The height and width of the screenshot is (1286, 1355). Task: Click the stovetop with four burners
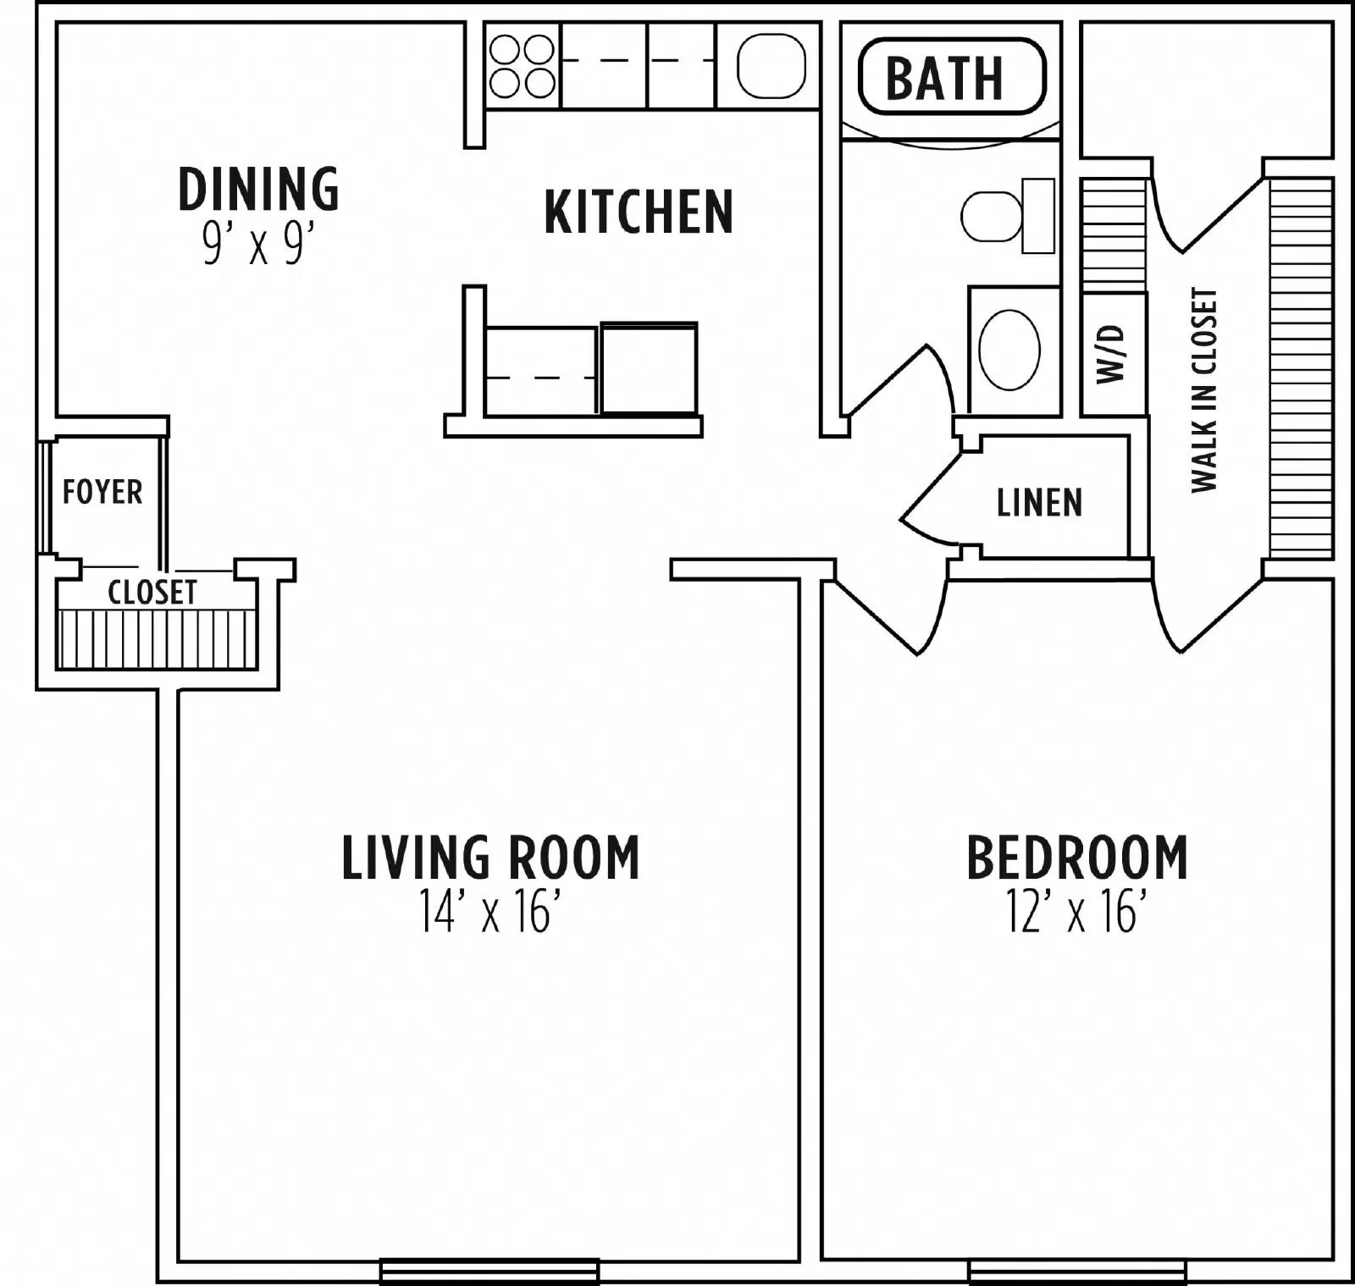[x=522, y=67]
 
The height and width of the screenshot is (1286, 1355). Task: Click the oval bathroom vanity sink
[x=1009, y=350]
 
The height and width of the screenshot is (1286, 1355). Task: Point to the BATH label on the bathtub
[x=944, y=77]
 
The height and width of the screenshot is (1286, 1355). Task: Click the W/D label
[x=1113, y=354]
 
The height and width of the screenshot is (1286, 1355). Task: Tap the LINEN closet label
[x=1039, y=503]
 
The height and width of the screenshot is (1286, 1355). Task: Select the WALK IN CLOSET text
[x=1203, y=389]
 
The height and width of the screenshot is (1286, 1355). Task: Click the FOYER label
[x=102, y=492]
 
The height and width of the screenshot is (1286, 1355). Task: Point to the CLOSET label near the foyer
[x=152, y=592]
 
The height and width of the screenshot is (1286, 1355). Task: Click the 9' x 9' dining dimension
[x=258, y=246]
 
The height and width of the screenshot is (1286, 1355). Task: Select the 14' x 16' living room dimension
[x=490, y=913]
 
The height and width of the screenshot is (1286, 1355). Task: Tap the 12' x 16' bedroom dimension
[x=1076, y=913]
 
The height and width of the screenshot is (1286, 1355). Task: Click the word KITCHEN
[x=639, y=212]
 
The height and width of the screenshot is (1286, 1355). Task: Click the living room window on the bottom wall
[x=489, y=1271]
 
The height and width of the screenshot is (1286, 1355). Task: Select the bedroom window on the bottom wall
[x=1076, y=1271]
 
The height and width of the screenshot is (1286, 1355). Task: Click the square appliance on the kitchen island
[x=649, y=368]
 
